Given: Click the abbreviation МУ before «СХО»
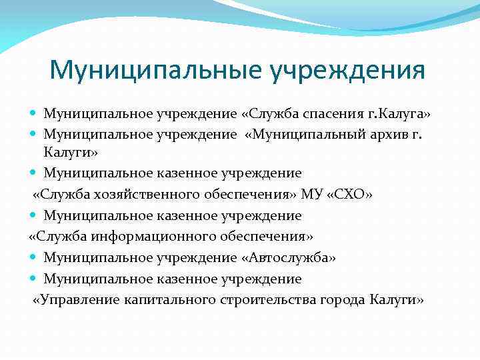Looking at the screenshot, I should tap(313, 195).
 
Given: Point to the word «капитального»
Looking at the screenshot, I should tap(169, 299).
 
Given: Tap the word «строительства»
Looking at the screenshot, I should tap(270, 299).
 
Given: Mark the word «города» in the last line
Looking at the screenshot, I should tap(344, 299).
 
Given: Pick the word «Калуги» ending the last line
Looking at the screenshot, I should tap(396, 299).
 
